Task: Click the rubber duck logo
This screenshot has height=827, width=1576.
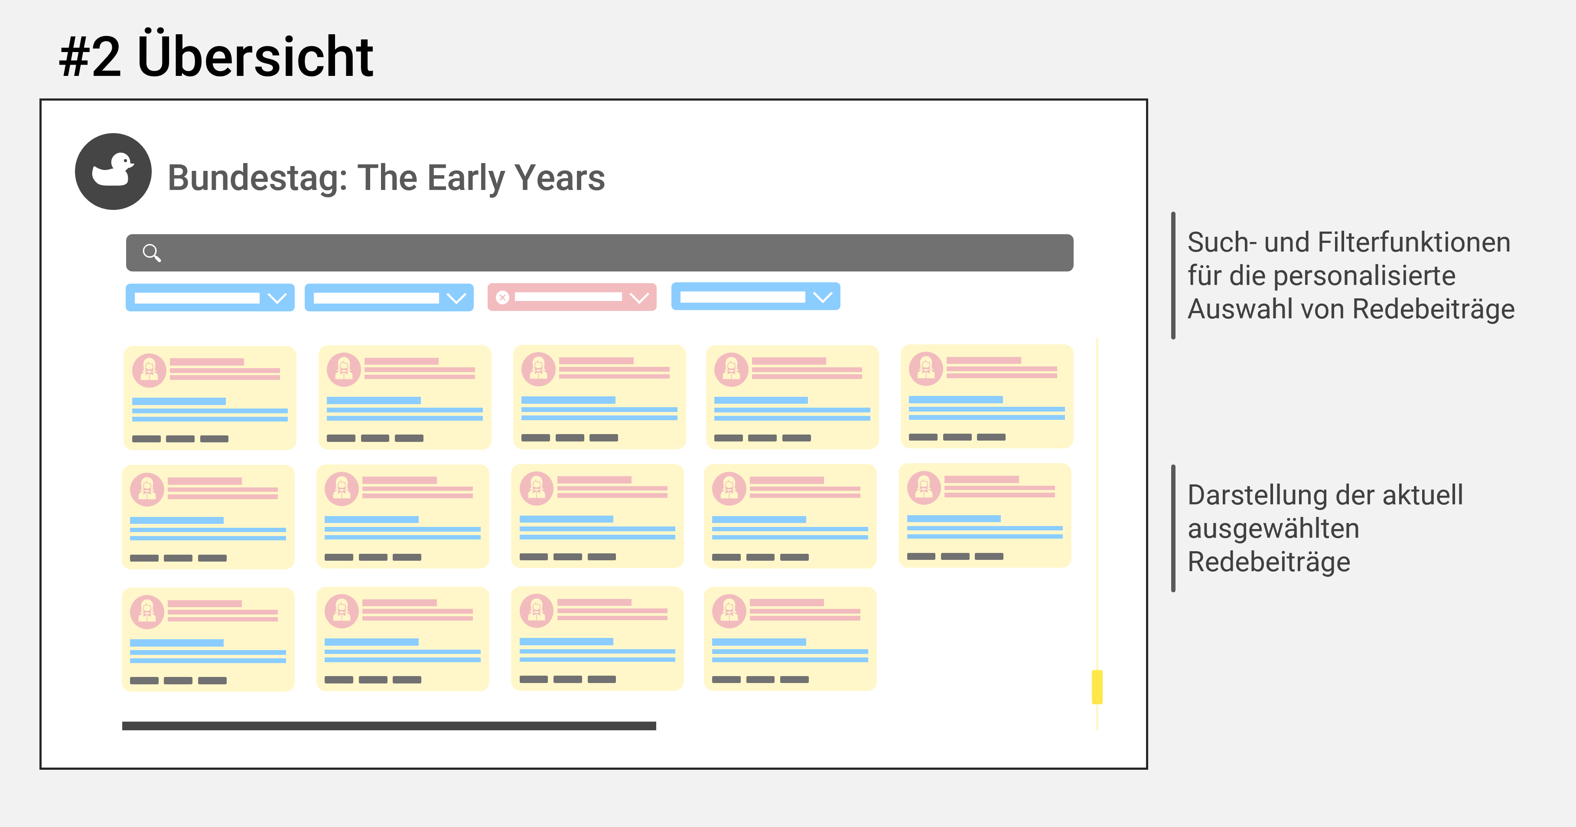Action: (113, 171)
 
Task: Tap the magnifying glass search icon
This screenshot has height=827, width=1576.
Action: (152, 253)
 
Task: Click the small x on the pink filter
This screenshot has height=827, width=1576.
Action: (502, 297)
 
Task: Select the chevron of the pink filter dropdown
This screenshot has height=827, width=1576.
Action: (639, 297)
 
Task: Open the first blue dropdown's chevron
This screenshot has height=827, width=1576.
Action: (277, 298)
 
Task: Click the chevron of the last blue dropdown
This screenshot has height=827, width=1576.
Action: (823, 297)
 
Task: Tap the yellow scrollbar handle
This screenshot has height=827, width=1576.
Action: (1097, 687)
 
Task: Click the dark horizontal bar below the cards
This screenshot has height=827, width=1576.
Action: (389, 726)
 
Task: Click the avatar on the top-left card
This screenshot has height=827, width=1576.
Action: (149, 370)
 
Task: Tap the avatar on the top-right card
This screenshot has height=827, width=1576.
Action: (926, 369)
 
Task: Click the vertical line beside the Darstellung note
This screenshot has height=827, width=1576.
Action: (1173, 528)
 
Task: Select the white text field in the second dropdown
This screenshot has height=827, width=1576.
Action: (376, 298)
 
